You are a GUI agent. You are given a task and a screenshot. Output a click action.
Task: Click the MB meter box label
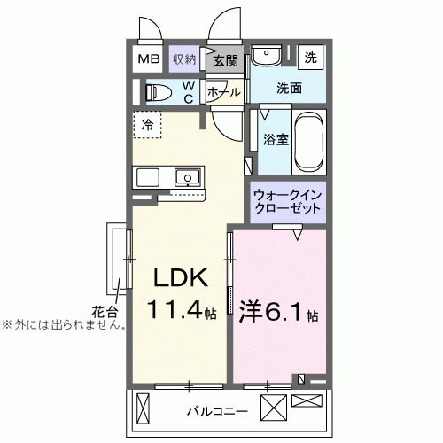pos(146,59)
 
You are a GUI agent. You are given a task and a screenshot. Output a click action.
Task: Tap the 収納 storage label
pos(184,59)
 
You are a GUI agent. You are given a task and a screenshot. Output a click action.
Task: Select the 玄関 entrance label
pos(225,60)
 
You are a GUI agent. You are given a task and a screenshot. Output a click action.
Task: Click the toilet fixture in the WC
pos(159,91)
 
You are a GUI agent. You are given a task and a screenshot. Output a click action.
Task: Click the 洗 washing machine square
pos(310,57)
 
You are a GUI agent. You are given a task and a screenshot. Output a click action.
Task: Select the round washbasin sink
pos(263,58)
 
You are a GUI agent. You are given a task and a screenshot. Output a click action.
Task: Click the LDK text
pos(182,279)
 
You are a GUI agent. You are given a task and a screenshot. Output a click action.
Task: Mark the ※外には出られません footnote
pos(62,324)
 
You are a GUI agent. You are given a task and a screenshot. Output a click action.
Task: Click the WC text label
pos(189,91)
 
